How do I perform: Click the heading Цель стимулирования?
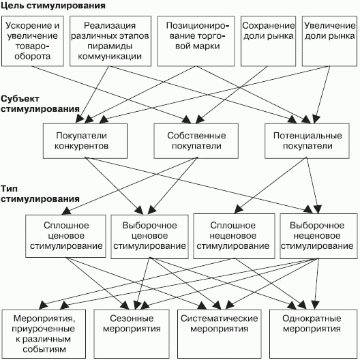pos(53,5)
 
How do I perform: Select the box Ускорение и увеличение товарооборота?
pos(33,41)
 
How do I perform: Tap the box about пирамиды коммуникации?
pos(110,41)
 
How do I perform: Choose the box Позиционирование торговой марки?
pos(196,41)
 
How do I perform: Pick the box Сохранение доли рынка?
pos(268,41)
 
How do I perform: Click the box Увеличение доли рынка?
pos(329,41)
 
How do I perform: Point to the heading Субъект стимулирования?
pos(40,104)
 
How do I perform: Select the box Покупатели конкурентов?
pos(85,141)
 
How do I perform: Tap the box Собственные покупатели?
pos(196,141)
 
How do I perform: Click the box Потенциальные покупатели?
pos(307,141)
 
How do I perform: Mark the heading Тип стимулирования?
pos(40,194)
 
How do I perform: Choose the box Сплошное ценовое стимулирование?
pos(65,236)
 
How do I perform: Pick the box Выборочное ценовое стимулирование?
pos(150,237)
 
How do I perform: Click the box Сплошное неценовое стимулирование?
pos(234,236)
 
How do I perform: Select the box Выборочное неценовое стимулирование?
pos(318,236)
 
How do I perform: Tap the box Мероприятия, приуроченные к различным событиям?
pos(44,334)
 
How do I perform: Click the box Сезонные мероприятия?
pos(132,334)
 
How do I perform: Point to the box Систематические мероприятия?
pos(220,334)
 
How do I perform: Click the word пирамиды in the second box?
pos(110,46)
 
